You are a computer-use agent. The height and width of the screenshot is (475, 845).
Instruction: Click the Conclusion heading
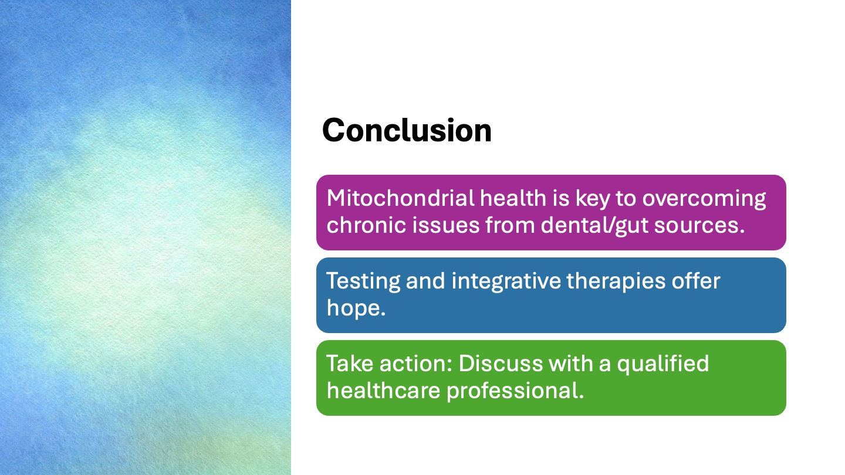[407, 130]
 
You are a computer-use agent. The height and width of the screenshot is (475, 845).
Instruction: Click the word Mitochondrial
[400, 198]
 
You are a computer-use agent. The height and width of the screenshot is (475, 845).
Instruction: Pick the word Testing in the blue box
[363, 282]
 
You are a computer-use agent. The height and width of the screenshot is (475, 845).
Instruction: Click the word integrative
[506, 282]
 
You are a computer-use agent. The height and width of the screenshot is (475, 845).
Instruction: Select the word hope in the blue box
[356, 308]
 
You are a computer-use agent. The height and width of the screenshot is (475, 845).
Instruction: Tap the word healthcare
[383, 390]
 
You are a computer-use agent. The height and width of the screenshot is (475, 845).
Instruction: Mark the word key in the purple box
[593, 199]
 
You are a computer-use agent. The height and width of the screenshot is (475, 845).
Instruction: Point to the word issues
[445, 225]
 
